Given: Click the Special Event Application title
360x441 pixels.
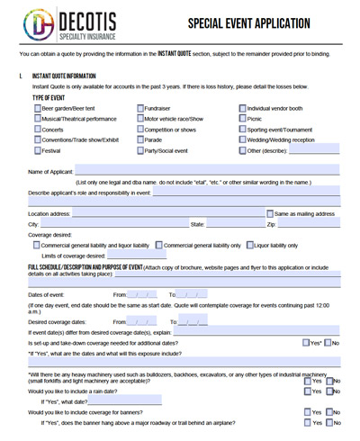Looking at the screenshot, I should point(251,23).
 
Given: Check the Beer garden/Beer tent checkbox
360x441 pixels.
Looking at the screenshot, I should point(37,108).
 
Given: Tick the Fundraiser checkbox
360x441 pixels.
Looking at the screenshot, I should point(139,108).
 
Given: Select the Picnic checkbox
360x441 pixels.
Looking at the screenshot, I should point(242,119).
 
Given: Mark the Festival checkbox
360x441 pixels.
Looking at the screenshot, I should point(37,151).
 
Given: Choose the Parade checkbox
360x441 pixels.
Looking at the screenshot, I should point(139,140).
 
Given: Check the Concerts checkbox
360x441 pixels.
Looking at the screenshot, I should point(37,130).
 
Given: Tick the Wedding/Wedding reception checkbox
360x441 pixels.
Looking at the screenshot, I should point(242,140).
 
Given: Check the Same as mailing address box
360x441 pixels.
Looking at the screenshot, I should point(269,213).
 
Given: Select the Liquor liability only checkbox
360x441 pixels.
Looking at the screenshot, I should point(250,245).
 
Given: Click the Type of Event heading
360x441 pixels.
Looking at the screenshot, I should point(52,96).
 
